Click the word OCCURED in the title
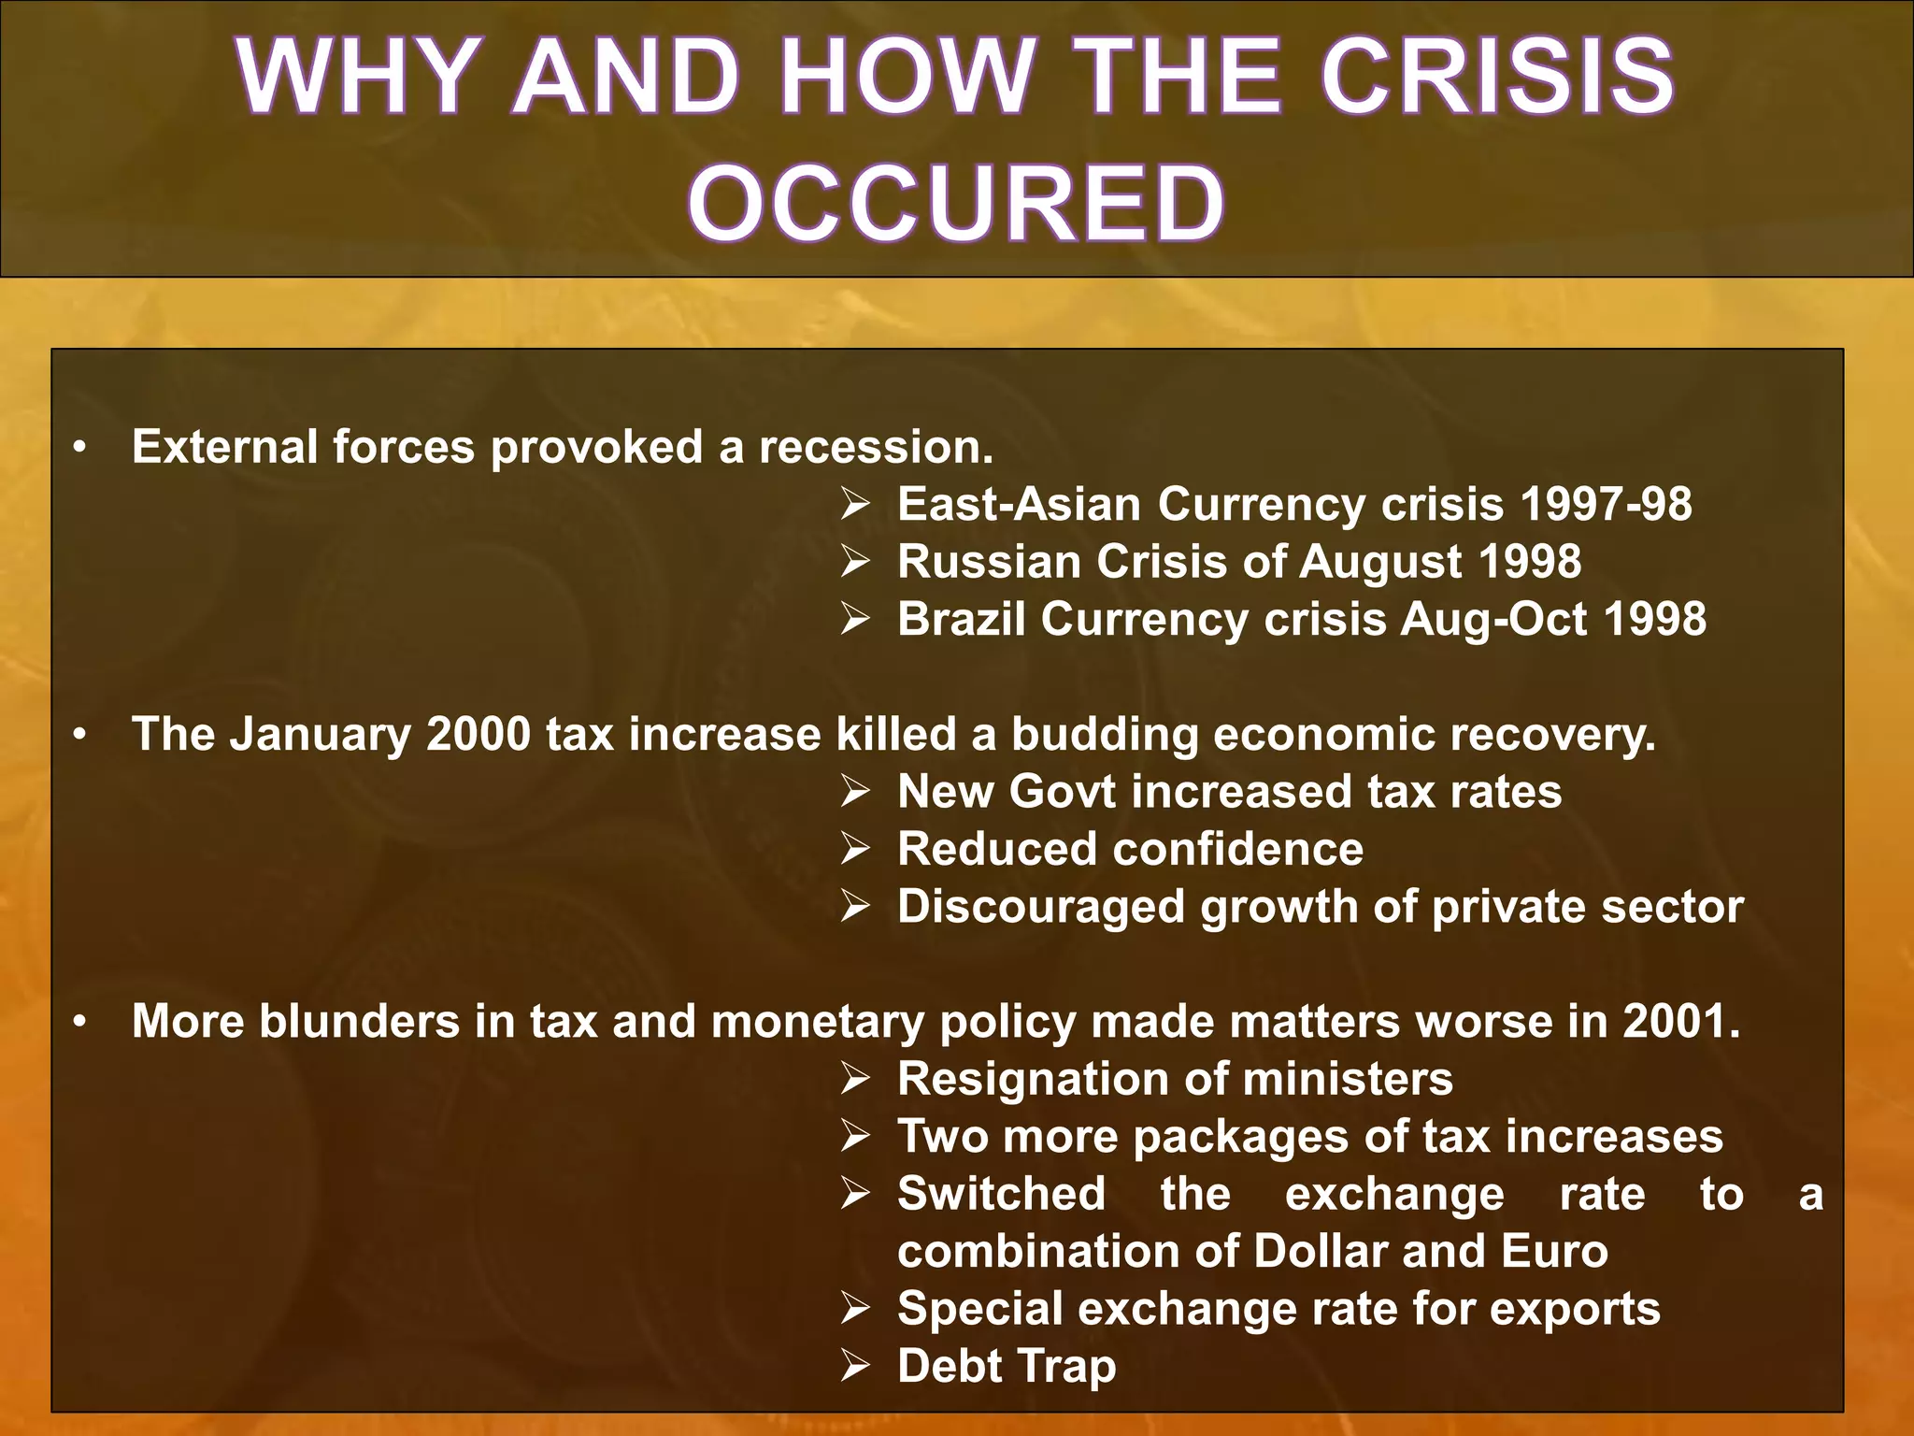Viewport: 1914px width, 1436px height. coord(956,203)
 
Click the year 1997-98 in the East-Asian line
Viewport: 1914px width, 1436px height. coord(1606,504)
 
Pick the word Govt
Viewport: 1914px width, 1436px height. coord(1063,792)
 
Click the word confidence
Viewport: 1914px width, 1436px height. coord(1237,850)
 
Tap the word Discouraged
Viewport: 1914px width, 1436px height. coord(1041,908)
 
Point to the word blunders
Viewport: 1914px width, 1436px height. coord(359,1021)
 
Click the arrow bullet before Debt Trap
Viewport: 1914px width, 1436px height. coord(854,1366)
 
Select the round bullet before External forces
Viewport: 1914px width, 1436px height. coord(81,448)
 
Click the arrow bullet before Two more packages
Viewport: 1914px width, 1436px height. coord(854,1137)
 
